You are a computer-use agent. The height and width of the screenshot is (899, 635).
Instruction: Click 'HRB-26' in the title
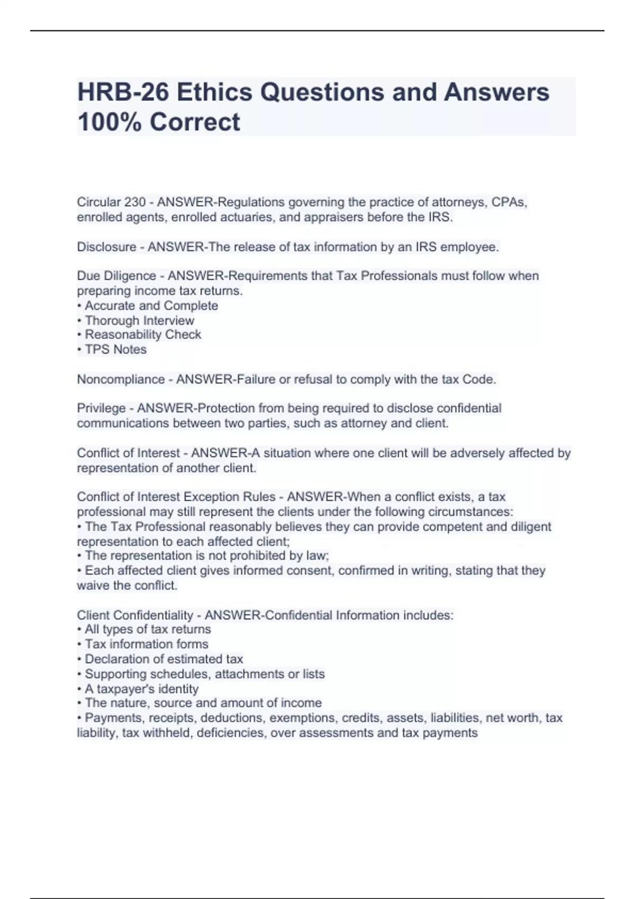tap(123, 93)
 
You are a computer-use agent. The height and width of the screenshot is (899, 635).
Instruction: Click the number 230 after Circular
tap(135, 203)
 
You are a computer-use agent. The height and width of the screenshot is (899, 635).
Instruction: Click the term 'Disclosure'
tap(106, 247)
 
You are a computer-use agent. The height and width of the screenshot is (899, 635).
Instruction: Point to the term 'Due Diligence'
tap(116, 276)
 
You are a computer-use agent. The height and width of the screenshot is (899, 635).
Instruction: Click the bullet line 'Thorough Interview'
tap(139, 320)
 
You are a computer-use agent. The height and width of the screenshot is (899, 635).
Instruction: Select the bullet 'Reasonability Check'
tap(143, 335)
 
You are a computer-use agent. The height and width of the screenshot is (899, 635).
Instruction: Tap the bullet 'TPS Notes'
tap(115, 350)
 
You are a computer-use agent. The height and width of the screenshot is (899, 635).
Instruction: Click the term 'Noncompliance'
tap(121, 379)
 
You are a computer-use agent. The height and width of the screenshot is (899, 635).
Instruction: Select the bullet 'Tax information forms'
tap(146, 644)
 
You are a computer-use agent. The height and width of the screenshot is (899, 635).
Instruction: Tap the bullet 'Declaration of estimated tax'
tap(164, 659)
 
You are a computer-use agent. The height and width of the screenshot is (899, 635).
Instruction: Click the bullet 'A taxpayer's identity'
tap(141, 689)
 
